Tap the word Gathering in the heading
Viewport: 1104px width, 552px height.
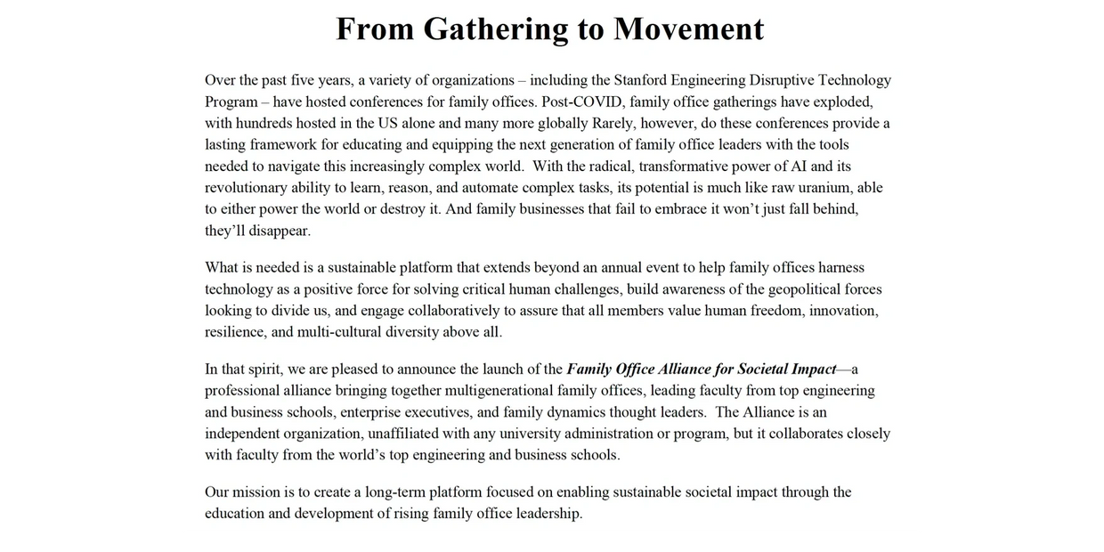pos(495,28)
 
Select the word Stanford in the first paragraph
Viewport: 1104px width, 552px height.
pos(644,80)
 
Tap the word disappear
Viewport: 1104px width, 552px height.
pos(276,231)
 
